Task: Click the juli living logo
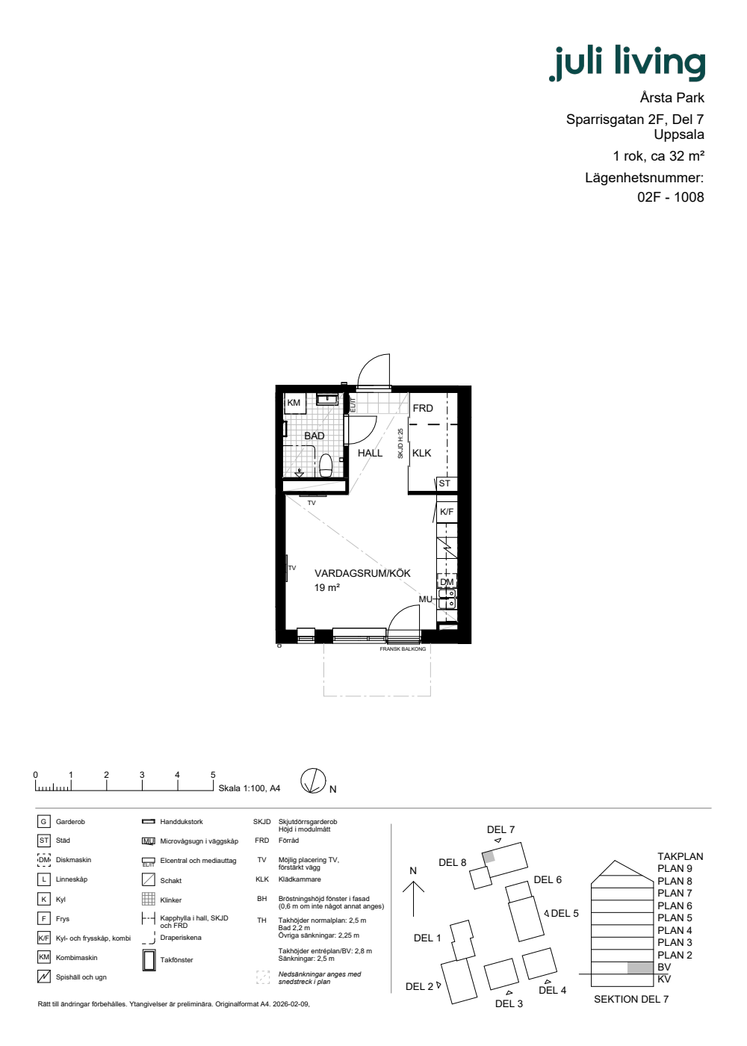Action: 627,63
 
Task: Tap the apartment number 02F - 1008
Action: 671,197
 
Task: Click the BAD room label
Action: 314,436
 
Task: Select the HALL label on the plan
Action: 371,453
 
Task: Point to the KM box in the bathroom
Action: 294,403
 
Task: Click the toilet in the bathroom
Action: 326,465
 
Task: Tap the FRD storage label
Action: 423,408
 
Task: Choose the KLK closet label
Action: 421,453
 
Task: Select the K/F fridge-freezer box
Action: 447,512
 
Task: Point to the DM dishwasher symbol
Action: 447,582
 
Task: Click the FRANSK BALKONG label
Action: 403,649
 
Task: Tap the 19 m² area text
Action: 327,587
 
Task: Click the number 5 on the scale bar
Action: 213,775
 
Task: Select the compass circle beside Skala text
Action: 313,781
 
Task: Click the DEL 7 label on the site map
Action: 500,829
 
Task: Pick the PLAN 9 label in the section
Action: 675,868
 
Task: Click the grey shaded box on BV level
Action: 639,968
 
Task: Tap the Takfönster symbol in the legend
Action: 149,960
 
